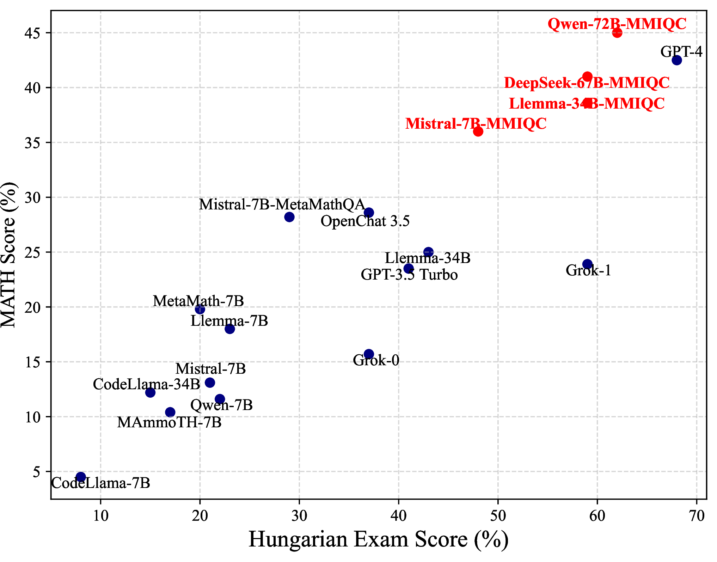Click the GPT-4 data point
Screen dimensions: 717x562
pos(677,60)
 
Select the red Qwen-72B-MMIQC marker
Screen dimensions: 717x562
pos(617,33)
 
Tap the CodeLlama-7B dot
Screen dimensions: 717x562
pos(81,477)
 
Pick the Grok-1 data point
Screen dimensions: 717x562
pos(587,264)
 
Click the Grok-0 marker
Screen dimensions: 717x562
pos(369,354)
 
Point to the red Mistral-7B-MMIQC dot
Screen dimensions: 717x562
pos(478,132)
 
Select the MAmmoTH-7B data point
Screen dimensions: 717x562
pos(170,412)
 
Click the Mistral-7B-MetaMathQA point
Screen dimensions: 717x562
pos(289,217)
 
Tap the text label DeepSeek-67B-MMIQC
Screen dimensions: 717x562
pos(587,83)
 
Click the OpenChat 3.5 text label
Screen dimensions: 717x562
pos(365,221)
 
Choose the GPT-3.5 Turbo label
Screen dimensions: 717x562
pos(409,275)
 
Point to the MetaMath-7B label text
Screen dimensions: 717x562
pos(198,301)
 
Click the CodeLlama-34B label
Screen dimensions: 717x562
pos(147,384)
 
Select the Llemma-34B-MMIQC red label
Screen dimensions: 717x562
pos(587,104)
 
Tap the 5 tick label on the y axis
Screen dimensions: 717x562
pos(37,472)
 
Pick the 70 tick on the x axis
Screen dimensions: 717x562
pos(697,516)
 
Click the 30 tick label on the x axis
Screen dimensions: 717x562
pos(299,516)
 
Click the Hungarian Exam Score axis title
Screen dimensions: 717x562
pos(379,539)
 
